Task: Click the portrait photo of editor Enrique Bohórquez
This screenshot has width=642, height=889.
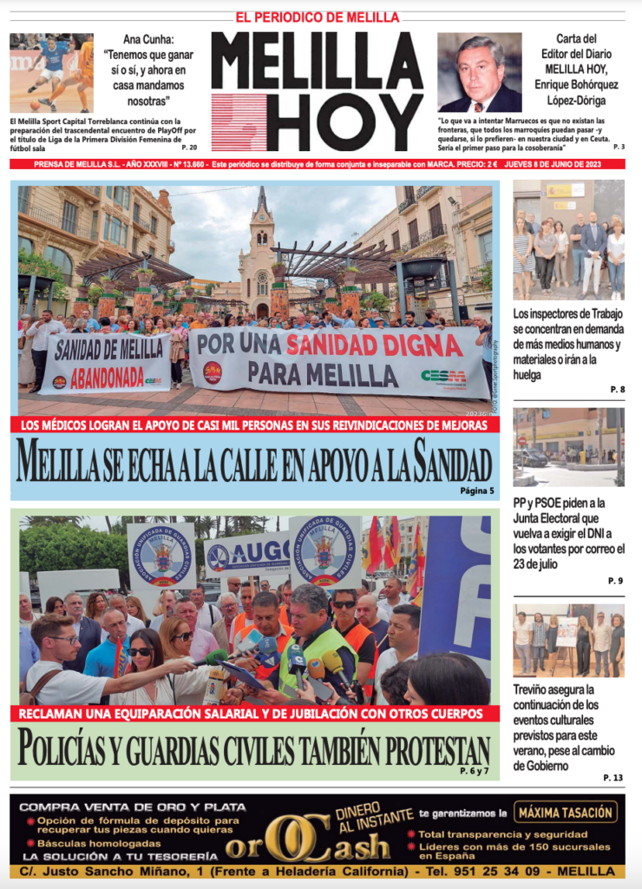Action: (x=479, y=73)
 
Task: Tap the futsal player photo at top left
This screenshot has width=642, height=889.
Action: (x=51, y=73)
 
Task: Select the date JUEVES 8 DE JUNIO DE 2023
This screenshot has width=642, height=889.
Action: (x=563, y=164)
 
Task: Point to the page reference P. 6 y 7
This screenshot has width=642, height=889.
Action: (x=474, y=771)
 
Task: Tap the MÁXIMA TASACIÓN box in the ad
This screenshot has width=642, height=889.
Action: (x=567, y=813)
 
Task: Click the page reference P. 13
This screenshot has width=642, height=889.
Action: (x=613, y=778)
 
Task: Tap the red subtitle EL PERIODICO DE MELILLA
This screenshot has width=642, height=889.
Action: (x=317, y=17)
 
